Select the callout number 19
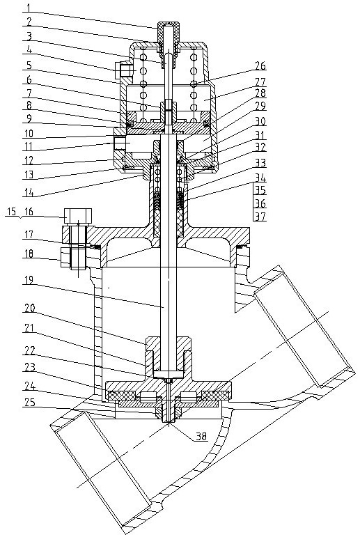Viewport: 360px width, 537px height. click(x=29, y=281)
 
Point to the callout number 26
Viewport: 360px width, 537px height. click(x=260, y=65)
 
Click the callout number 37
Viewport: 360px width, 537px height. click(x=260, y=217)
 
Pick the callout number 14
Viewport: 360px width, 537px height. click(x=29, y=192)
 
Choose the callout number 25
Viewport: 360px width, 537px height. click(x=29, y=403)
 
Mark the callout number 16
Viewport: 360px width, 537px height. click(x=29, y=212)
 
